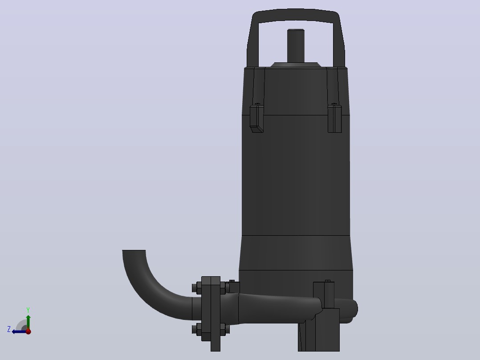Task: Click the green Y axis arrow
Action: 28,321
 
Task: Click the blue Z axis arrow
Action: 19,331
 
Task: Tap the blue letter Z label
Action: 9,329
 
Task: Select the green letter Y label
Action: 28,310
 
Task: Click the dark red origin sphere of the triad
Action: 28,331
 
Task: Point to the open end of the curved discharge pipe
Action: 134,251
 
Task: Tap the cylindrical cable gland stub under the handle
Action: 296,46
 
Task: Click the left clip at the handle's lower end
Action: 256,119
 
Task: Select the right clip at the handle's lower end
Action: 334,119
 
